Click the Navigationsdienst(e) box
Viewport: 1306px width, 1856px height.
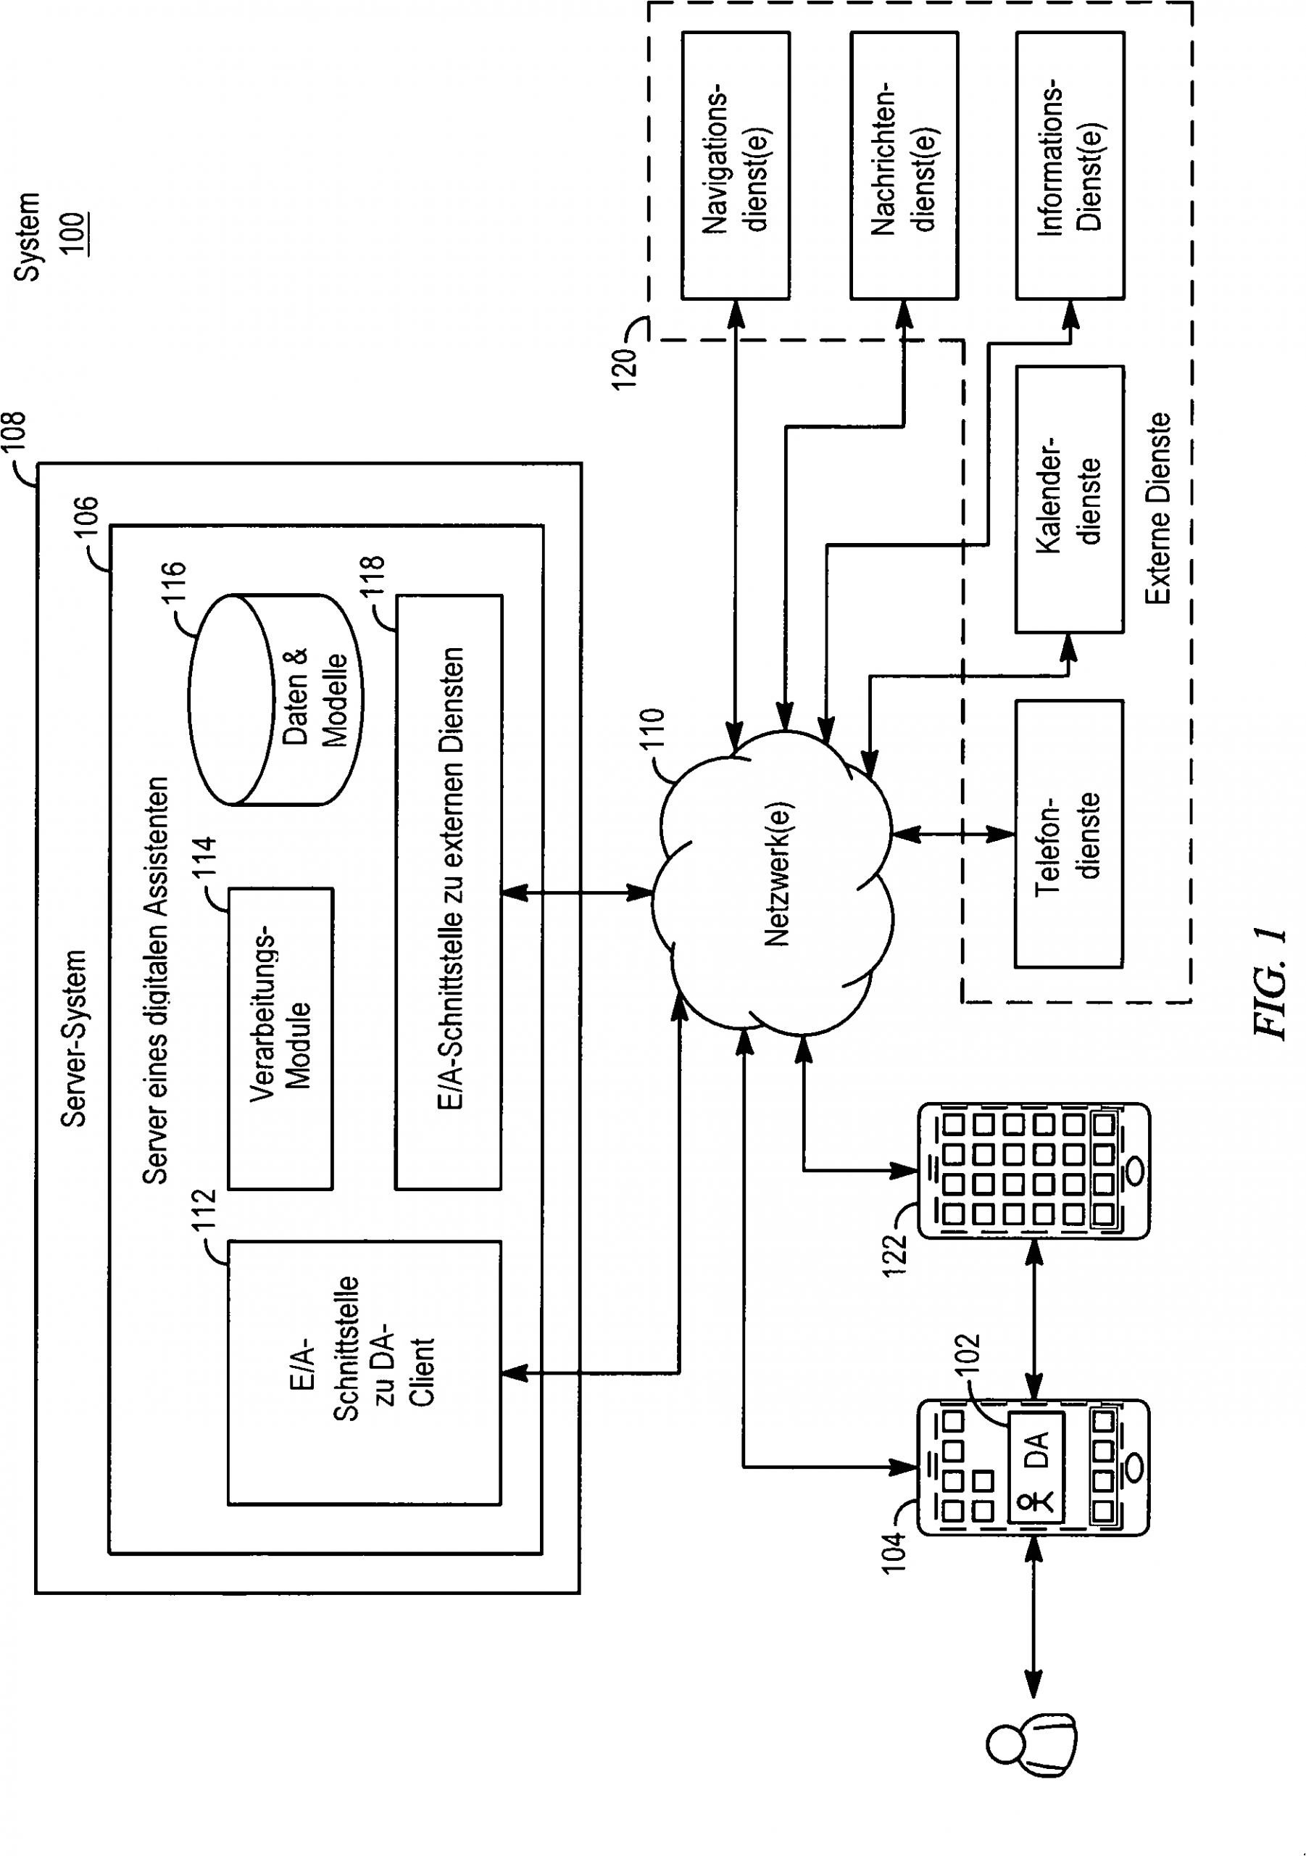[x=736, y=166]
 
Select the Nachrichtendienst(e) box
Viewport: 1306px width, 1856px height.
[x=904, y=166]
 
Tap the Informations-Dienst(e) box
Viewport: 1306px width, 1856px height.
[x=1069, y=166]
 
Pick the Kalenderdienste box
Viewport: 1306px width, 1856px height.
[x=1069, y=500]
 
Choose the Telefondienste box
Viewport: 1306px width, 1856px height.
[x=1069, y=834]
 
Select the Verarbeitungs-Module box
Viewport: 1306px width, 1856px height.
[x=280, y=1039]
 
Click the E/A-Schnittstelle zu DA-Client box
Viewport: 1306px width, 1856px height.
[x=365, y=1372]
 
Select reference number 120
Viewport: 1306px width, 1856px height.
[x=625, y=368]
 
